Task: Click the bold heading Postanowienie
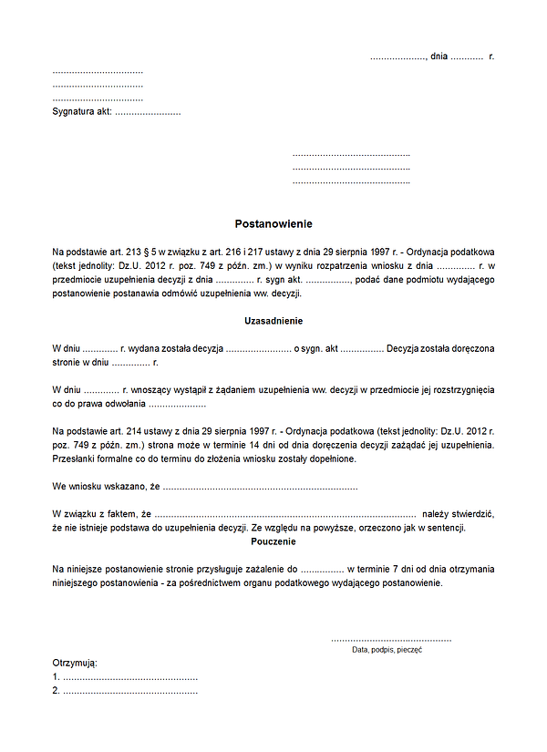[x=273, y=223]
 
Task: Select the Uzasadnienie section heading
[x=273, y=322]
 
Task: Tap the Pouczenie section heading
[x=273, y=541]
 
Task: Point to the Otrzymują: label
[x=75, y=663]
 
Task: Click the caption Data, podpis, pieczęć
[x=387, y=650]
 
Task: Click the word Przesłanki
[x=75, y=459]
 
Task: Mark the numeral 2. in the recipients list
[x=57, y=692]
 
